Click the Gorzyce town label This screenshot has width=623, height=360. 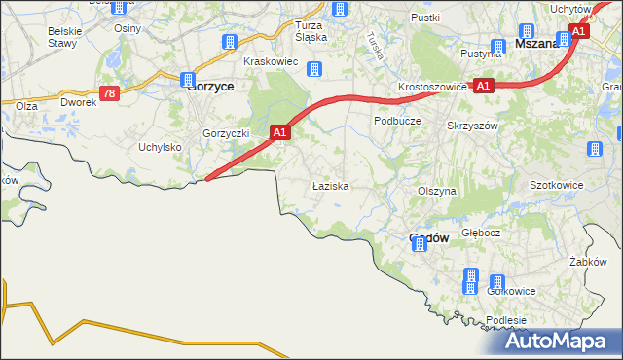click(209, 85)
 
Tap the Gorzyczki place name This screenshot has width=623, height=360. click(227, 133)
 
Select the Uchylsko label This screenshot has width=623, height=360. click(161, 147)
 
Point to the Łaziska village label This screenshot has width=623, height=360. click(330, 185)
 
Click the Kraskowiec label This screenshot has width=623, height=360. click(270, 61)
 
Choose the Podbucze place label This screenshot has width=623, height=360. click(396, 120)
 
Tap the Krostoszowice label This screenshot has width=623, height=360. click(432, 87)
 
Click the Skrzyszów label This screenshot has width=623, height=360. click(472, 126)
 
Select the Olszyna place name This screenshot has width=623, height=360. click(436, 192)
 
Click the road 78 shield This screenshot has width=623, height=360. click(109, 93)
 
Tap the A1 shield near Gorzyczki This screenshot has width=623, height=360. click(279, 131)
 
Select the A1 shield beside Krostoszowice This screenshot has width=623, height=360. click(485, 86)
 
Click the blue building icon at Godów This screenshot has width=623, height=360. click(420, 245)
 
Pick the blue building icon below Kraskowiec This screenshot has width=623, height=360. click(314, 69)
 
